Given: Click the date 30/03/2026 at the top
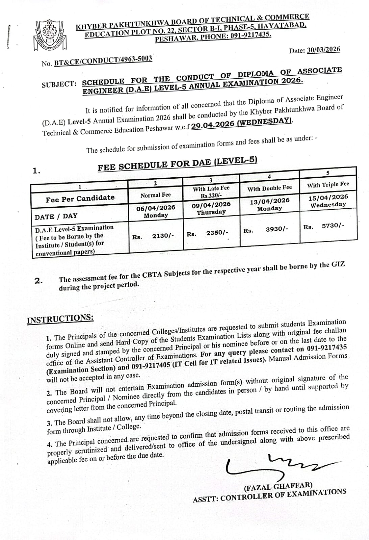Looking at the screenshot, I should (x=323, y=50).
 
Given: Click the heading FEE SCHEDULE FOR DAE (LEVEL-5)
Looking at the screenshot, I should (x=177, y=164).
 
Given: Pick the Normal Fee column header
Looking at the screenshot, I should (x=155, y=195).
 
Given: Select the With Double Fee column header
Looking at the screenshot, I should (x=269, y=188).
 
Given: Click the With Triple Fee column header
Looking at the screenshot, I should (x=328, y=185).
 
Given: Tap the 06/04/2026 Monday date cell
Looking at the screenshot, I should (x=155, y=211).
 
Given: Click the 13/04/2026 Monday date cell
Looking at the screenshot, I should (x=269, y=204).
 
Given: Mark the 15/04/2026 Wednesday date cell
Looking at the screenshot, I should (x=328, y=201).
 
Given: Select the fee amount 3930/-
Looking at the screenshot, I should (x=277, y=229).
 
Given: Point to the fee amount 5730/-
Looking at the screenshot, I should (x=333, y=226).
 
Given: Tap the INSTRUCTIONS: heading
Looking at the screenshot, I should (x=60, y=319).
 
